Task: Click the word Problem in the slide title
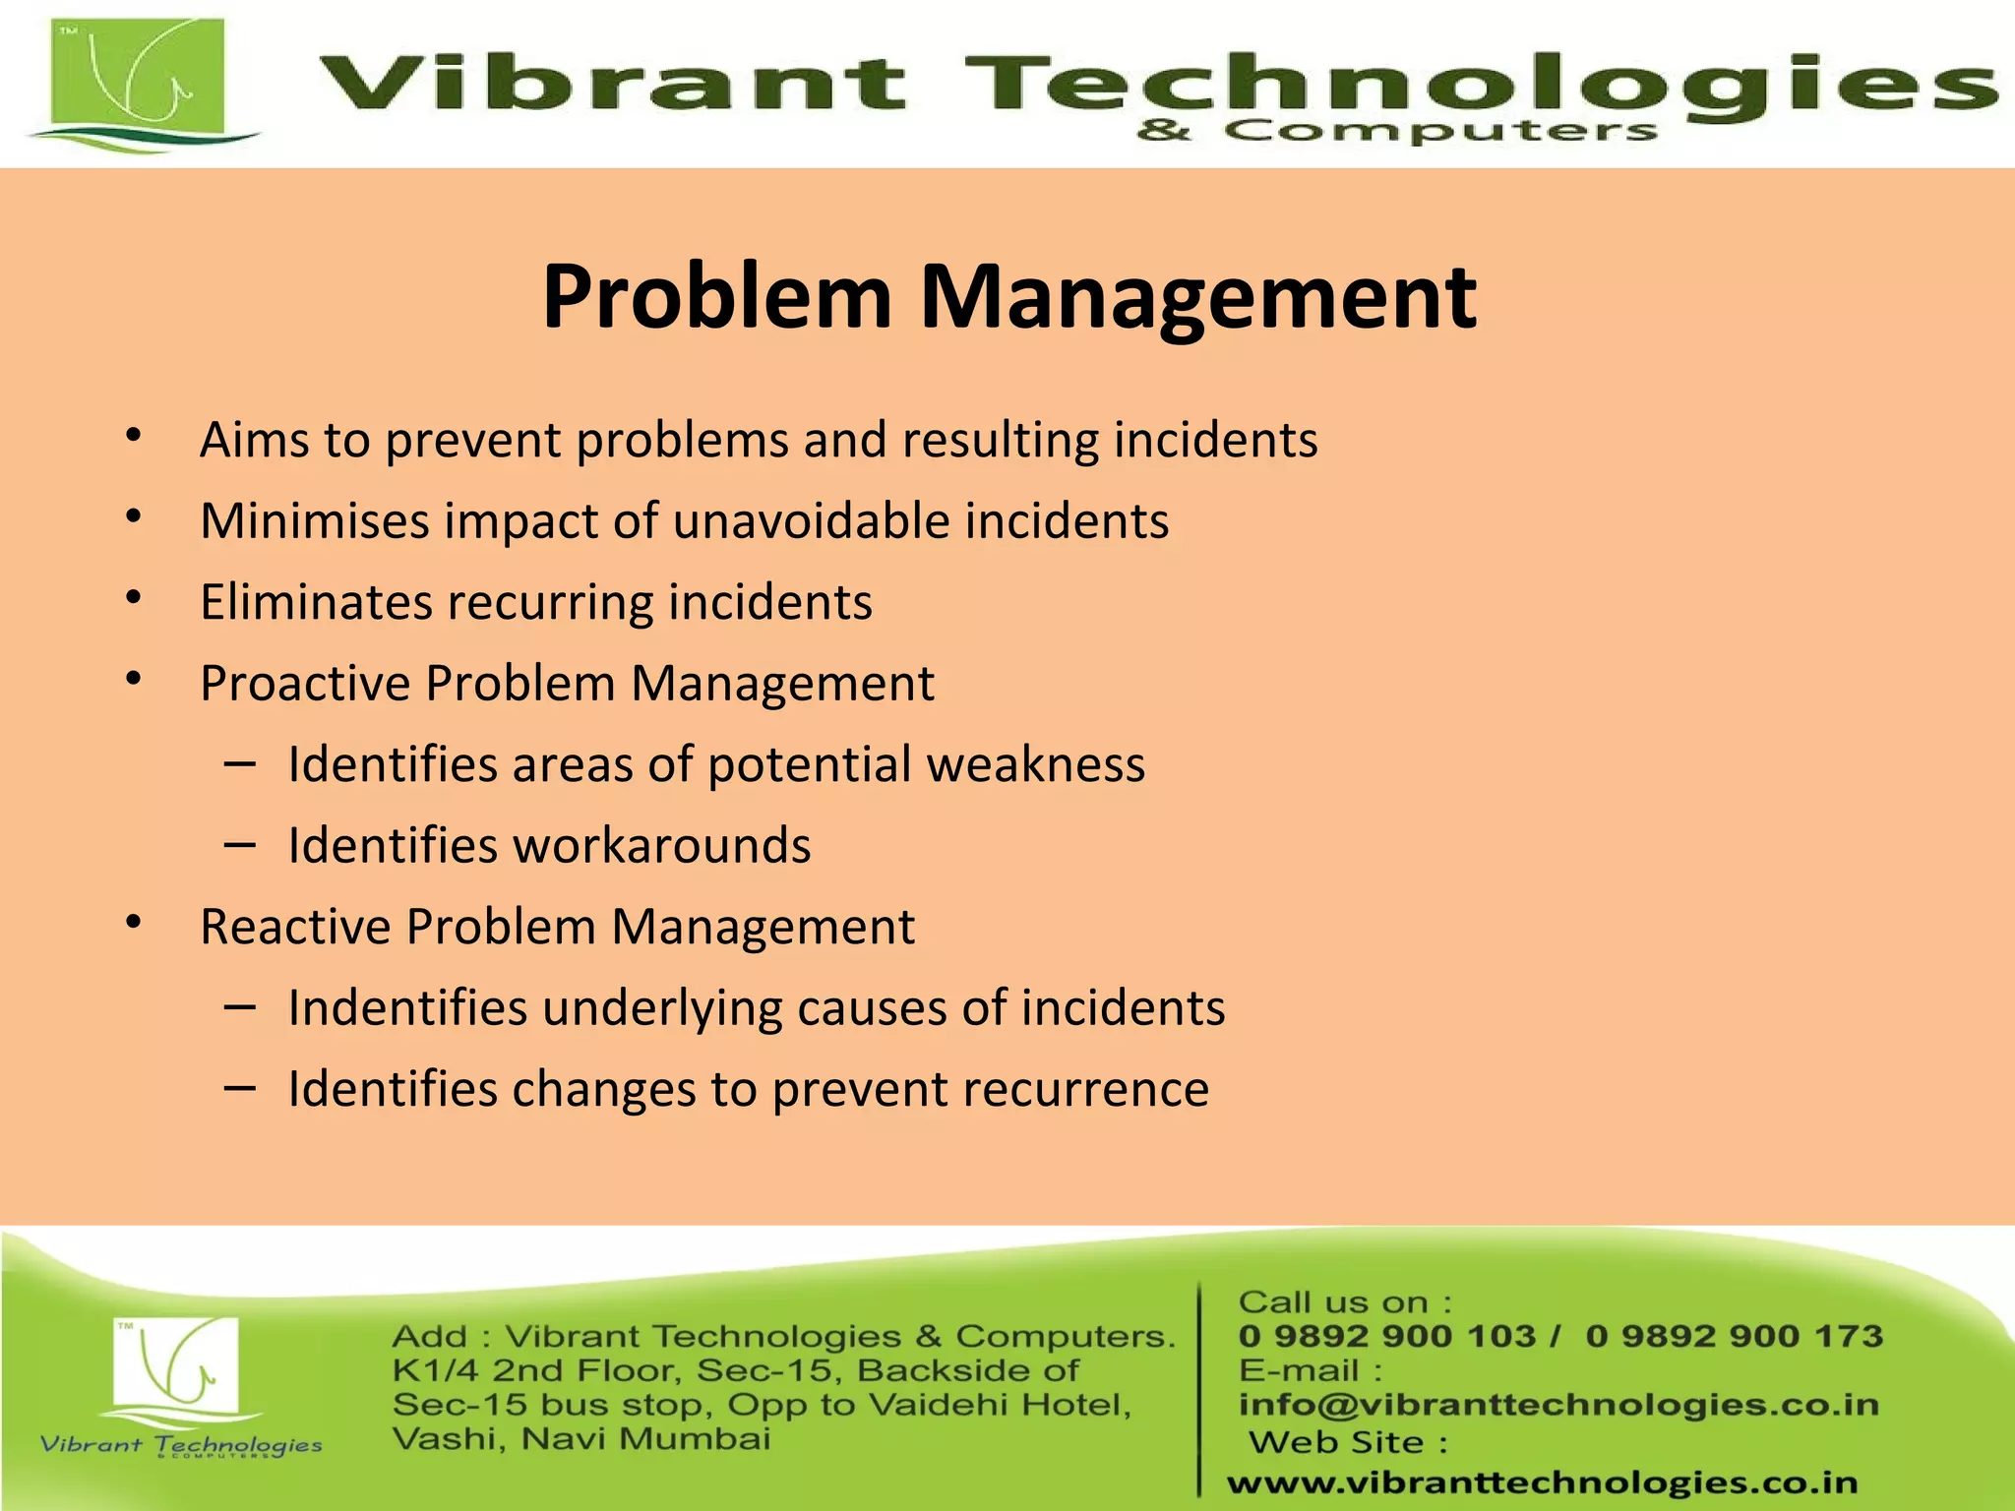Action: [716, 297]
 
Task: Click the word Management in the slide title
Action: [1197, 297]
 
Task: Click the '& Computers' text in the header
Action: [1397, 131]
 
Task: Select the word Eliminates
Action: [315, 602]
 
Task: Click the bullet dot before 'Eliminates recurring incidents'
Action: [135, 598]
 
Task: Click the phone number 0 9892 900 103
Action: [1386, 1336]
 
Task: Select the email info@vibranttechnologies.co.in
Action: [1558, 1405]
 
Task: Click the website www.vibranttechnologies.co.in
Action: [1542, 1482]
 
